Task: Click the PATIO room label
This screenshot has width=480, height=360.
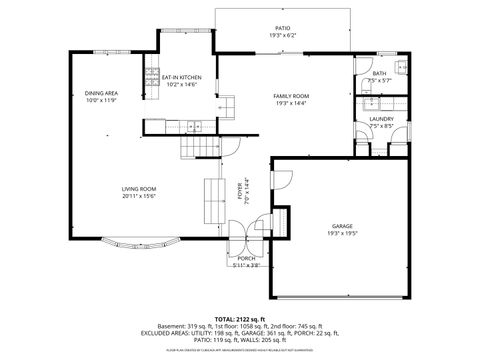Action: (283, 28)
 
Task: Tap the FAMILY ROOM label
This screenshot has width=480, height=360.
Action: (291, 95)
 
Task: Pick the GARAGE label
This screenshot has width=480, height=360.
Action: (342, 226)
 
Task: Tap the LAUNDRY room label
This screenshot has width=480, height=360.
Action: (381, 120)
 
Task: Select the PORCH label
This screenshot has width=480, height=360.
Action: (247, 258)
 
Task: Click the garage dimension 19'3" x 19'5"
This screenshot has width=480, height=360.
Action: (342, 233)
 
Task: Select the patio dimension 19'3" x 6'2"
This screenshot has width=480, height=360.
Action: (283, 35)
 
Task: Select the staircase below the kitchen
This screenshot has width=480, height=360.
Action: (196, 147)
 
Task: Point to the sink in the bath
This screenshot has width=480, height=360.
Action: (398, 68)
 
